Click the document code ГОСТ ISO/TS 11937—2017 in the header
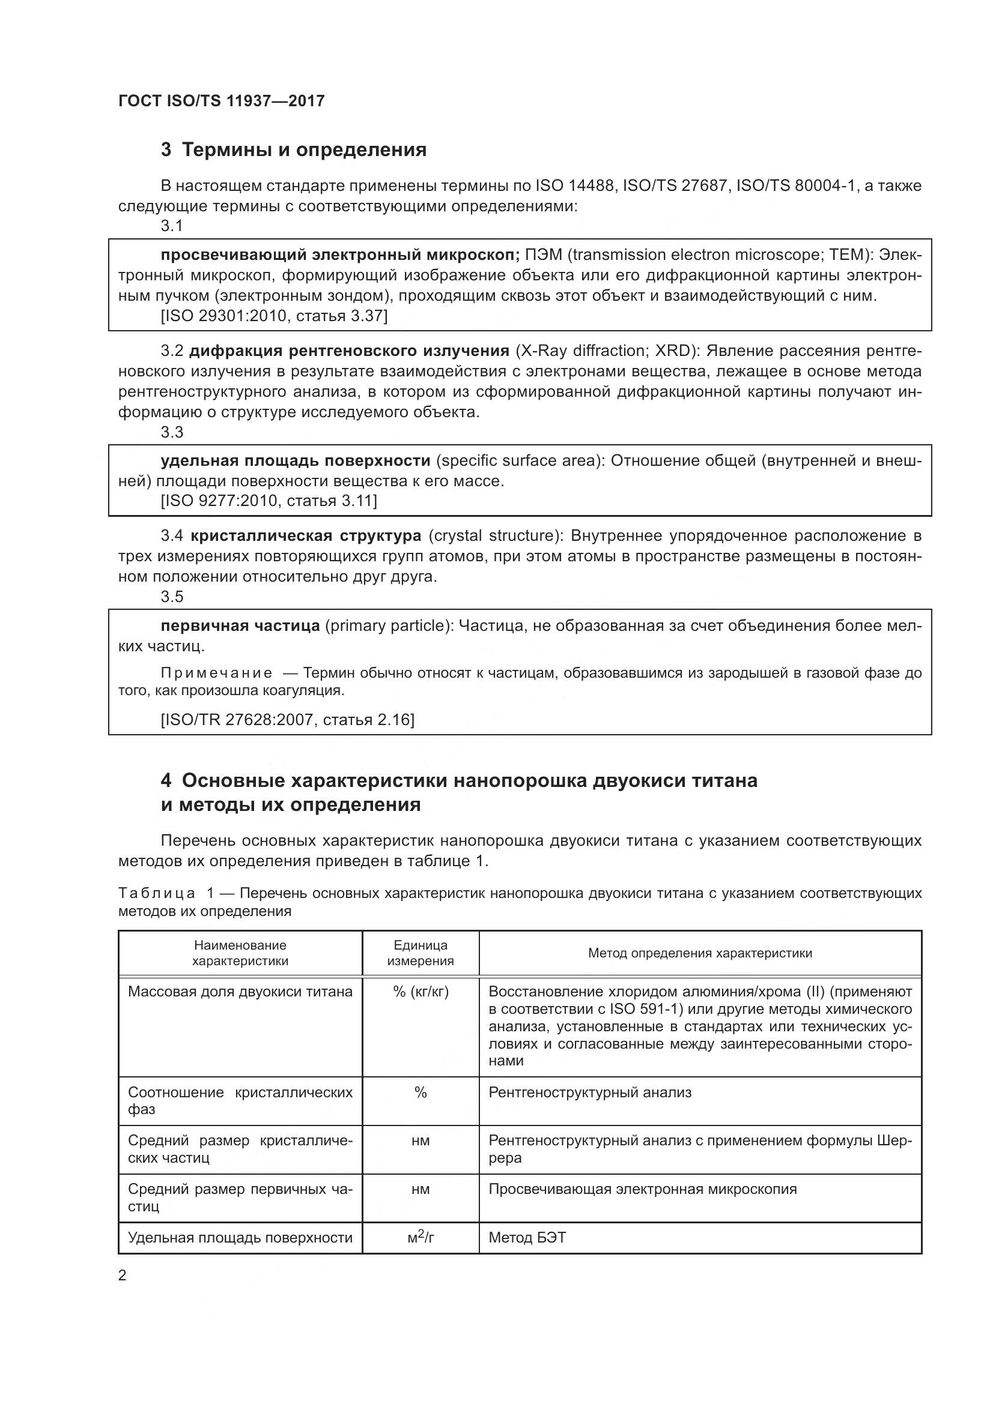point(221,101)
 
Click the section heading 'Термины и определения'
point(304,150)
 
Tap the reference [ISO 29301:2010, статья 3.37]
point(274,316)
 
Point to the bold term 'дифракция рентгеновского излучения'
point(349,351)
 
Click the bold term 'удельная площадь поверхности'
point(296,460)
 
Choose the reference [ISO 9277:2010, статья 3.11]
point(269,501)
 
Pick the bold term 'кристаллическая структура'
point(306,535)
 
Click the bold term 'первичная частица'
point(240,625)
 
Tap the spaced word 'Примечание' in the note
point(217,673)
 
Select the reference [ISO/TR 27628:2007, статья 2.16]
point(288,720)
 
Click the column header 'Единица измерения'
point(421,953)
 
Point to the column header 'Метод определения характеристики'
point(700,953)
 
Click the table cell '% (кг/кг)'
point(421,992)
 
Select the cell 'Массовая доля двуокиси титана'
point(240,992)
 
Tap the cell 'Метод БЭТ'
point(527,1238)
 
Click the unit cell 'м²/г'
point(421,1238)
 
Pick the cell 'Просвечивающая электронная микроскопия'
point(642,1189)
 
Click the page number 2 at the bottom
point(123,1276)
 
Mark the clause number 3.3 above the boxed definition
point(172,432)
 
